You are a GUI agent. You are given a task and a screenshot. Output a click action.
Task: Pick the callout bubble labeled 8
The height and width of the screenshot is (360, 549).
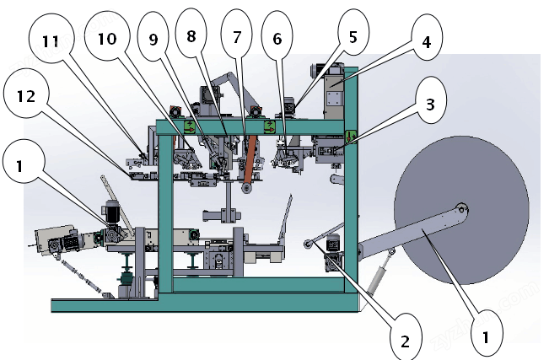(191, 36)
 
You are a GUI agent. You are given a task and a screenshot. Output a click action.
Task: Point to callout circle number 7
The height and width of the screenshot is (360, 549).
(236, 36)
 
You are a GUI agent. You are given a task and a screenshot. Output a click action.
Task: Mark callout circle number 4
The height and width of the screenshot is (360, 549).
(426, 41)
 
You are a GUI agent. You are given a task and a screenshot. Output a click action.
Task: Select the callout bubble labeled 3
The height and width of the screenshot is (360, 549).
(430, 105)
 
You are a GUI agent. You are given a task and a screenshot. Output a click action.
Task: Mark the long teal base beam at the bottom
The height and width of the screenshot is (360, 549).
(202, 304)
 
